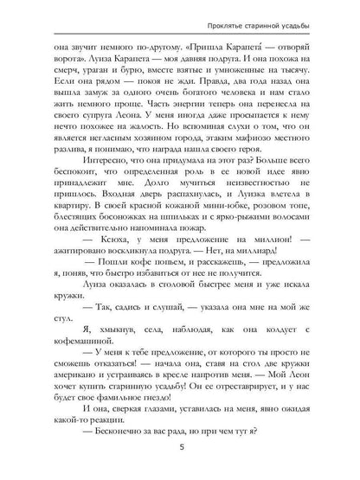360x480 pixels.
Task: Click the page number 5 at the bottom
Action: coord(180,450)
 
